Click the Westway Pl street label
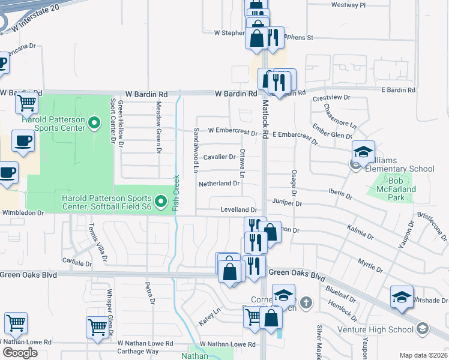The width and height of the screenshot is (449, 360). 348,5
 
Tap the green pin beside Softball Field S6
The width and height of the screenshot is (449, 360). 160,202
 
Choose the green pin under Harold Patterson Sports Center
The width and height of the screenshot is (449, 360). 94,124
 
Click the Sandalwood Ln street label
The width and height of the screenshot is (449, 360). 196,150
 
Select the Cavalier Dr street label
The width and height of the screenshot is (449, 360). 219,157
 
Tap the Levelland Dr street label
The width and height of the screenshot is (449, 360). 238,210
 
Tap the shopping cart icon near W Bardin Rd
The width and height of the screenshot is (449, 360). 26,104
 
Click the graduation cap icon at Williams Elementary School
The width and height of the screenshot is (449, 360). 363,152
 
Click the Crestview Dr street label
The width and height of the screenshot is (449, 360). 331,97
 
